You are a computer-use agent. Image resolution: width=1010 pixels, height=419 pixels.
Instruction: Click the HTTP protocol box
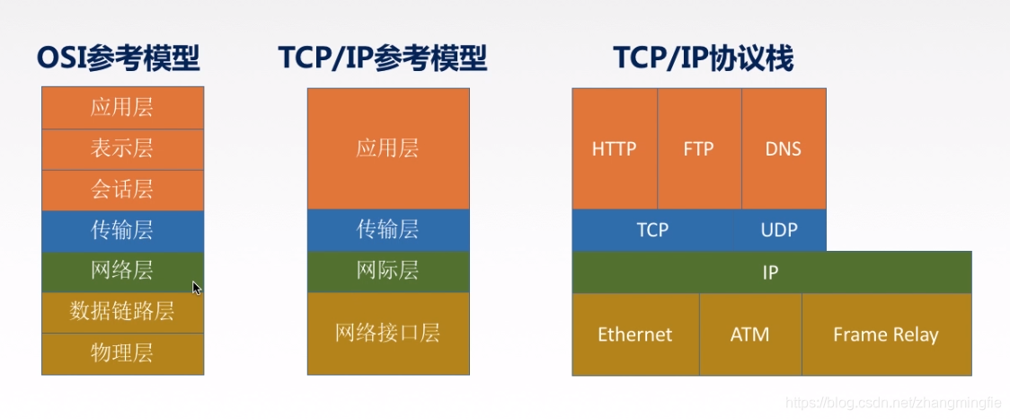coord(614,149)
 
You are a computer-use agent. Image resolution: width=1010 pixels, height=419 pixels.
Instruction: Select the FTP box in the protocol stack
coord(698,149)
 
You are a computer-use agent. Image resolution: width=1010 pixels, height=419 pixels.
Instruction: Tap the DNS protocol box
coord(783,149)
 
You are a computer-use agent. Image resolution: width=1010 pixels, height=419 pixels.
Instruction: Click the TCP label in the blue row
coord(652,230)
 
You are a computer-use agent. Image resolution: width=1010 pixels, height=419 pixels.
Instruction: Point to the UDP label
coord(779,230)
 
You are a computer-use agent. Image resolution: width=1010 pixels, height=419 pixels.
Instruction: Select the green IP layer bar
coord(771,272)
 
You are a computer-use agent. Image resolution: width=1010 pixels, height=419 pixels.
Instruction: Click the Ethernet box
coord(634,334)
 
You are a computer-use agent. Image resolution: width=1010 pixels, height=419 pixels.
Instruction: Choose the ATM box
coord(749,334)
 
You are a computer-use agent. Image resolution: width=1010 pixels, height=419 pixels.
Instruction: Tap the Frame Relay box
coord(885,334)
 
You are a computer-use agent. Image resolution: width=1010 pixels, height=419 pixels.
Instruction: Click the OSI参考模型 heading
coord(119,59)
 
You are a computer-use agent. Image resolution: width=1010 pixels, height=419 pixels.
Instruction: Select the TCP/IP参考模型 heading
coord(383,59)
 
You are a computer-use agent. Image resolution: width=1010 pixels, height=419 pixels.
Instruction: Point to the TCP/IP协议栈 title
coord(704,59)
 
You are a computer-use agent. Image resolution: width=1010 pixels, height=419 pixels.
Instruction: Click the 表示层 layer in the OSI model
coord(122,149)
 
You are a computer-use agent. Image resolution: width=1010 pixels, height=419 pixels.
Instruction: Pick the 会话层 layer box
coord(122,190)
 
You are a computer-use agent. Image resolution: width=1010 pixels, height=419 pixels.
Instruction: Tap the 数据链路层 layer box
coord(122,313)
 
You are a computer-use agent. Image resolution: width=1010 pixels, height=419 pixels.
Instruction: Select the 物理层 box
coord(122,353)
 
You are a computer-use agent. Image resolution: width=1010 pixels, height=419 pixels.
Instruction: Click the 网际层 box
coord(387,272)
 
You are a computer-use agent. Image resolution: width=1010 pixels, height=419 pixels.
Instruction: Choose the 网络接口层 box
coord(387,334)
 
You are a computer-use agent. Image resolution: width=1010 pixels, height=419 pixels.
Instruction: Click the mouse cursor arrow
coord(197,288)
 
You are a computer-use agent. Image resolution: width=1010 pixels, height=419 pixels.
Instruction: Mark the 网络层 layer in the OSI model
coord(122,272)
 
